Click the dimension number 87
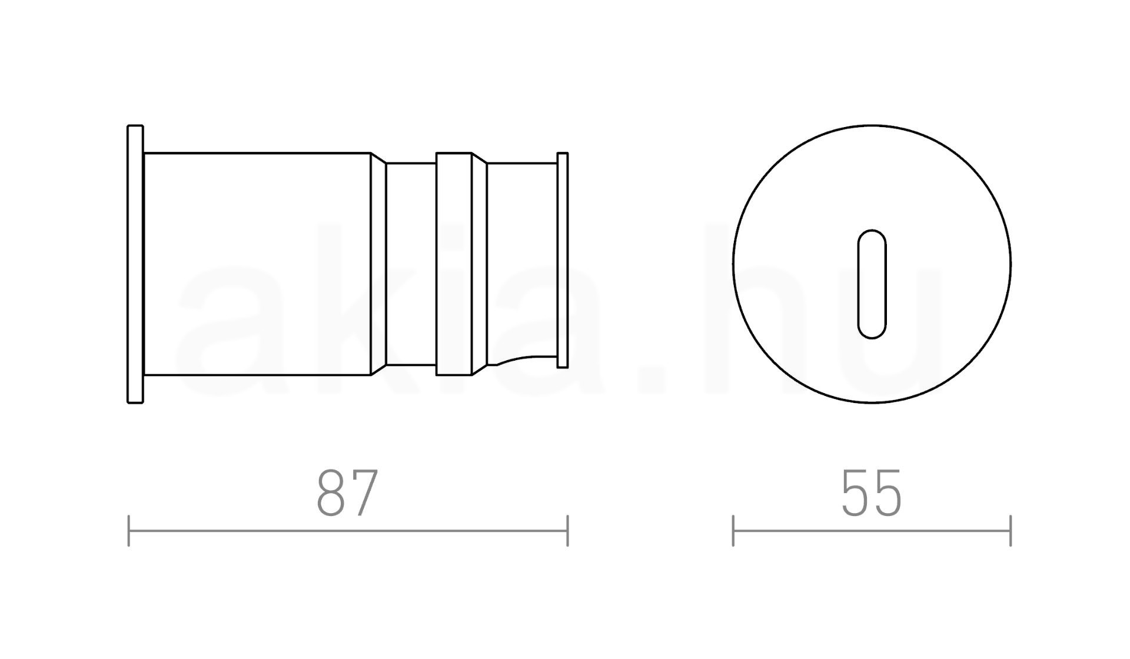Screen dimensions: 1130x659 [347, 493]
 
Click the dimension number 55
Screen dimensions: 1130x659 [872, 493]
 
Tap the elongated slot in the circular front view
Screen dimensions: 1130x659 [872, 284]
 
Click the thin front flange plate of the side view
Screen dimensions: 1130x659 [135, 264]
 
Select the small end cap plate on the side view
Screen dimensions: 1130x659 [563, 260]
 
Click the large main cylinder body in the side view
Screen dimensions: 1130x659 [257, 264]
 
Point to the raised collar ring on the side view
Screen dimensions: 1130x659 [454, 264]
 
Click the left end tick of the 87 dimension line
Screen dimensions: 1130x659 [128, 531]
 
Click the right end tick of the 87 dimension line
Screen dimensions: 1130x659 [567, 531]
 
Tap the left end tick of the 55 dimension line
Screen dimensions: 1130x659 [733, 531]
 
